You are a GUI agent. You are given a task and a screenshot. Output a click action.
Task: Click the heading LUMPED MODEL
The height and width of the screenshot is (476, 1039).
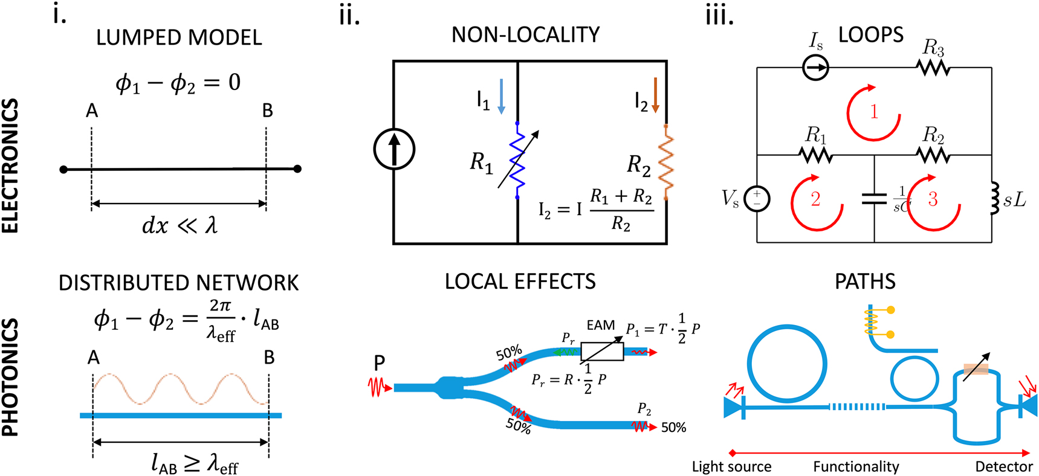(179, 37)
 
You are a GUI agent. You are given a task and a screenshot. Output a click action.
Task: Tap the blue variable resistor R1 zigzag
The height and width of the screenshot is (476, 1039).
(517, 161)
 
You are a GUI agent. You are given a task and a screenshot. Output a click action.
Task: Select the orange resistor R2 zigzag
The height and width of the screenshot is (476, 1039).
(666, 161)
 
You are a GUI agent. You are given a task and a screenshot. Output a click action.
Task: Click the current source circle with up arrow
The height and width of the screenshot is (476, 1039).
(394, 149)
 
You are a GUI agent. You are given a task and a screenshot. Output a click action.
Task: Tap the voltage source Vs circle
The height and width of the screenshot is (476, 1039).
(757, 198)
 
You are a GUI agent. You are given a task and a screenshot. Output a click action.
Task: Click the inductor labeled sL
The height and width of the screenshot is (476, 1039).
(993, 198)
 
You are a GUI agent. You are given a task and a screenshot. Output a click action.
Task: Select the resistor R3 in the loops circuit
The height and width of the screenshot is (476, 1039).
(933, 67)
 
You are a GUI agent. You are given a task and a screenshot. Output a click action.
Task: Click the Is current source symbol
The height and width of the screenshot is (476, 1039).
(815, 67)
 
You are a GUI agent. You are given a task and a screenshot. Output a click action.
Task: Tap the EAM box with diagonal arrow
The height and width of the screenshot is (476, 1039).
(602, 351)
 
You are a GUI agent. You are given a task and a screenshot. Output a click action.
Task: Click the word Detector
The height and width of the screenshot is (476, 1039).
(1004, 466)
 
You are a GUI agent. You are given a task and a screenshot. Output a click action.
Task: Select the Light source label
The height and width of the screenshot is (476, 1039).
(731, 466)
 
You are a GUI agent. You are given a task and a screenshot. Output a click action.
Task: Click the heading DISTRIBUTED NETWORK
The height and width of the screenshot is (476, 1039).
(179, 283)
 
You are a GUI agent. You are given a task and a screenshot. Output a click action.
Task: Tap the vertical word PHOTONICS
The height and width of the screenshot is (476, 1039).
(10, 378)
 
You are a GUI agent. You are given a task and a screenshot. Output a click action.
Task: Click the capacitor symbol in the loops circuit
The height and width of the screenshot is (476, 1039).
(874, 198)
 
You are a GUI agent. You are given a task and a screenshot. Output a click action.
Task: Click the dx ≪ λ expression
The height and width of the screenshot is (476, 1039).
(179, 225)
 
